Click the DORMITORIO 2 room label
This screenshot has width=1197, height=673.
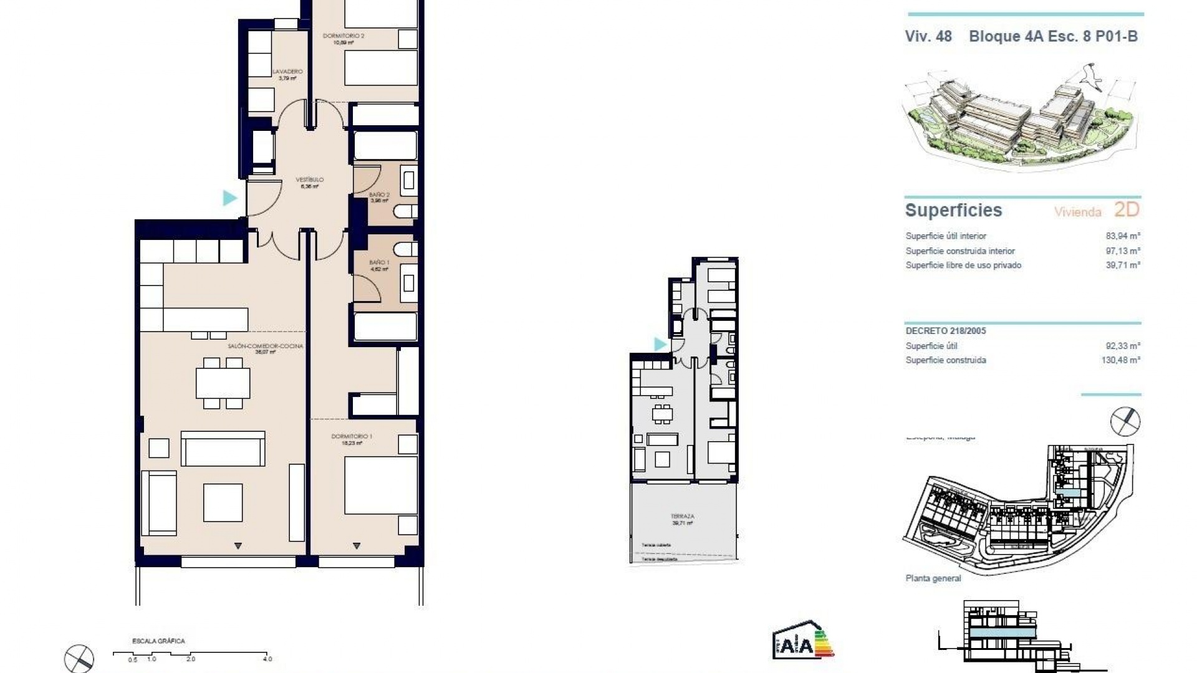coord(344,36)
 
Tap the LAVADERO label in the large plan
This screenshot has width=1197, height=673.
coord(287,72)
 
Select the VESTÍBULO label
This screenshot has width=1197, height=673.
coord(310,180)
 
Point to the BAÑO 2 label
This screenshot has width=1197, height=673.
coord(379,195)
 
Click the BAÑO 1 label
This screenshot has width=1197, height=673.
coord(379,263)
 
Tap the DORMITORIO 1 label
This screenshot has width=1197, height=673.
coord(352,436)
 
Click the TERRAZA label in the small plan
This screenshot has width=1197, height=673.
coord(682,517)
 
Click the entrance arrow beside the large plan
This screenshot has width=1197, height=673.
coord(229,198)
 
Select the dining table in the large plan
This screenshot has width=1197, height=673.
coord(223,383)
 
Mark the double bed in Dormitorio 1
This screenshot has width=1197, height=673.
coord(380,485)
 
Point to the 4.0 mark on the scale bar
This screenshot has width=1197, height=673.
coord(267,659)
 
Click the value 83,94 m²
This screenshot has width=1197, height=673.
coord(1122,236)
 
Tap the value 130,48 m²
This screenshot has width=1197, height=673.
coord(1120,360)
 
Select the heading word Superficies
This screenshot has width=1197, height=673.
coord(953,211)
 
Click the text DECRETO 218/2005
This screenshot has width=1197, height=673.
coord(946,331)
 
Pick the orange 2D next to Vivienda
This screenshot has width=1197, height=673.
coord(1126,210)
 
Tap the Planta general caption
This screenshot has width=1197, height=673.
coord(933,578)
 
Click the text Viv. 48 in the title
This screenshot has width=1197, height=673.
coord(928,36)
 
